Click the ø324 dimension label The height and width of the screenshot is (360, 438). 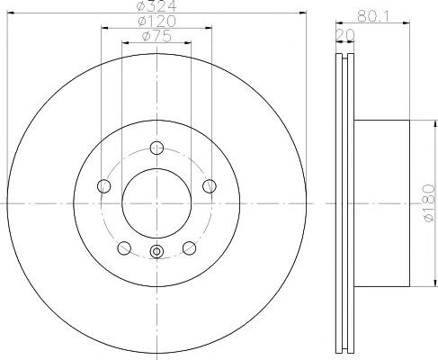(156, 6)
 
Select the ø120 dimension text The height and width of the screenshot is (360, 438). (156, 22)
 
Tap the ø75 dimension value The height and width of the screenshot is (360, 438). (156, 37)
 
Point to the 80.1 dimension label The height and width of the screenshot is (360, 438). (372, 17)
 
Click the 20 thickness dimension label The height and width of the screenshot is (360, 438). (345, 35)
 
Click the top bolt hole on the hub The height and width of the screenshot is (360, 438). (156, 148)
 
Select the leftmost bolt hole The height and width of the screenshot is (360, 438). (104, 186)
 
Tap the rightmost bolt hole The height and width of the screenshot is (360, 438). (210, 186)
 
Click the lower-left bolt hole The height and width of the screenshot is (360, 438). (124, 248)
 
